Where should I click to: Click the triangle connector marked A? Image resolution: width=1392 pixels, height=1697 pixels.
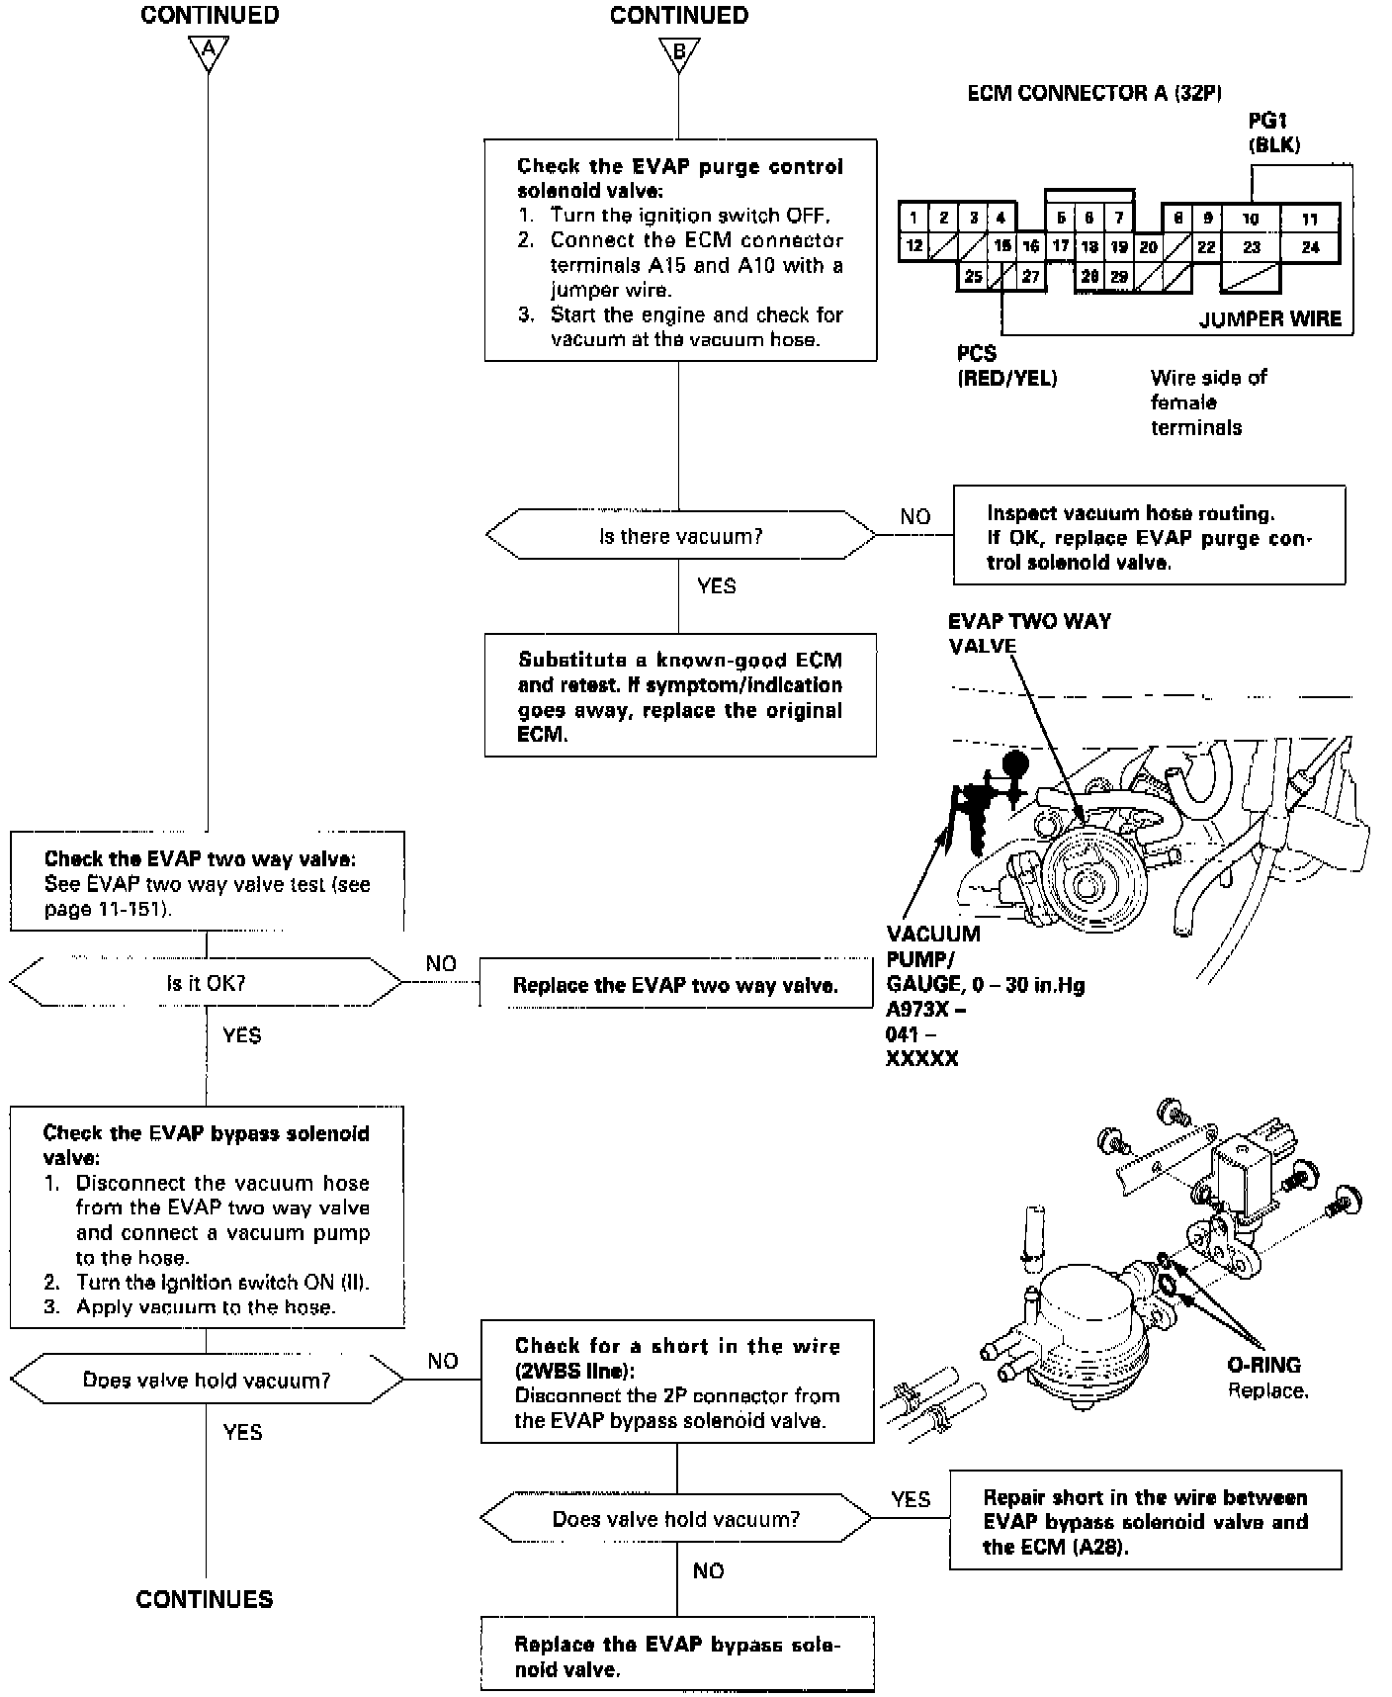tap(208, 51)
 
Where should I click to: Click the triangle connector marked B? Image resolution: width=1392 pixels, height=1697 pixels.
tap(678, 51)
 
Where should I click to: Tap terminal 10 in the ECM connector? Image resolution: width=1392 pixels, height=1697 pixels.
tap(1251, 219)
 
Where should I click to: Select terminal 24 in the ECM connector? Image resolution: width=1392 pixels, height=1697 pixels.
tap(1310, 247)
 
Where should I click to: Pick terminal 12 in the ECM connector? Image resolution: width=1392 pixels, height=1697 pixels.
tap(913, 246)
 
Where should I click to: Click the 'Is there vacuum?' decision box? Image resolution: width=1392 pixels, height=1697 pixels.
tap(680, 536)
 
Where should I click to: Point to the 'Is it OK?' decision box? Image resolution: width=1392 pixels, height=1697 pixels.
tap(206, 983)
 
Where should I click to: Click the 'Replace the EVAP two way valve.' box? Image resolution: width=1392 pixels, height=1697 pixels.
tap(675, 985)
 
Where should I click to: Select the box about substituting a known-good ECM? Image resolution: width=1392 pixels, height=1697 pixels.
tap(680, 696)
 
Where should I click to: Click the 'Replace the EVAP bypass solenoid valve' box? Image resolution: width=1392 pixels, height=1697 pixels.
tap(676, 1655)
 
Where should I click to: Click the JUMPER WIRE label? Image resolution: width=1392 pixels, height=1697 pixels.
tap(1269, 319)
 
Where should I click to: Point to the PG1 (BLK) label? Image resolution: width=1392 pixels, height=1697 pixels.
tap(1273, 133)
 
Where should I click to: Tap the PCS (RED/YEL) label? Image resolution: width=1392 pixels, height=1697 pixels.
tap(1006, 365)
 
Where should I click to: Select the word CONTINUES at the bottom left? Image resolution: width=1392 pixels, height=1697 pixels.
tap(205, 1599)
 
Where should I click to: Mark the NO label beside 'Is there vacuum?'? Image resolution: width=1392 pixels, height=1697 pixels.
tap(915, 516)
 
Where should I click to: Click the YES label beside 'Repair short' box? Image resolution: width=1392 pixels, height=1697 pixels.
tap(910, 1499)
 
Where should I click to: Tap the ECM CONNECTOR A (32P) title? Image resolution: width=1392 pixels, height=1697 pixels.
tap(1094, 94)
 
